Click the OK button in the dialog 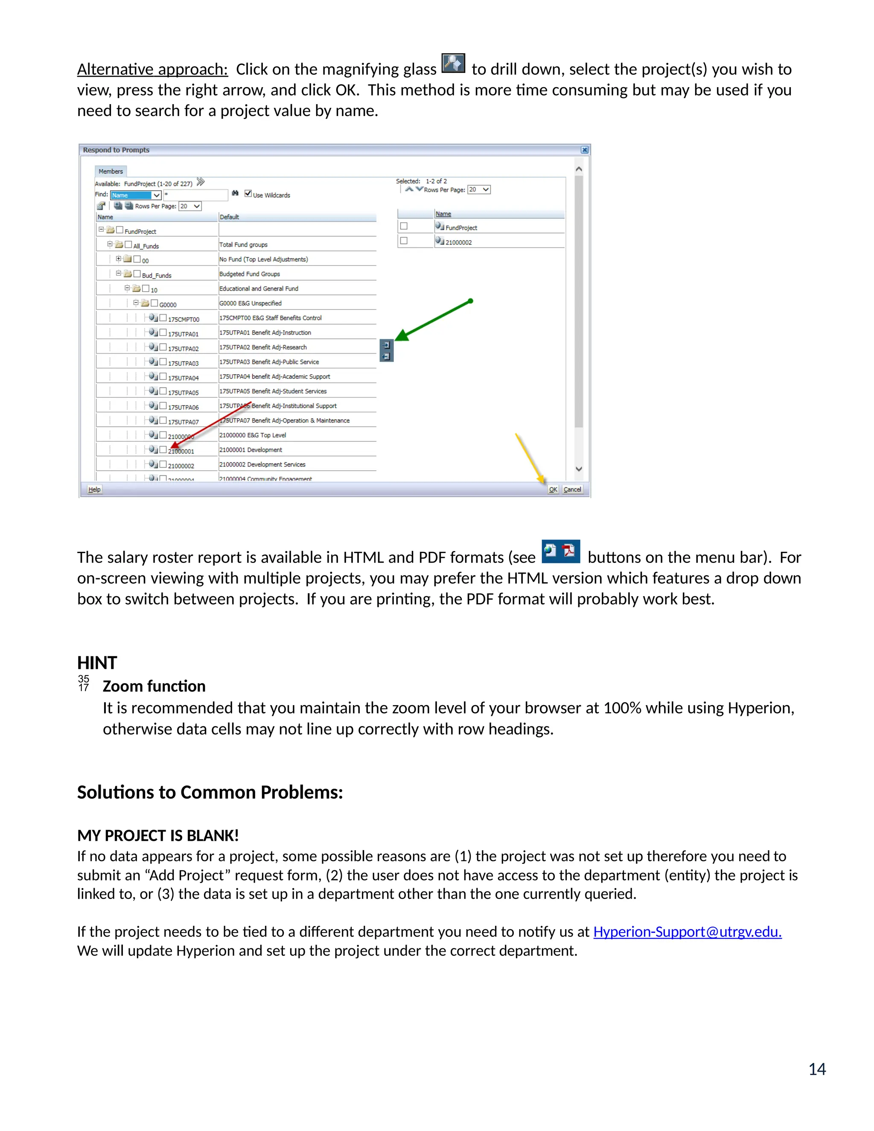553,490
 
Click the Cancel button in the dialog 572,490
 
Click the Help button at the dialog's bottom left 94,490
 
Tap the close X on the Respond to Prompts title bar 585,150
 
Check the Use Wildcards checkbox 248,194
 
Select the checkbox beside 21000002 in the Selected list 404,241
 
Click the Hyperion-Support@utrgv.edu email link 687,932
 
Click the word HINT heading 97,663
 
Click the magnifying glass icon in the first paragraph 453,63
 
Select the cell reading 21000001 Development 251,450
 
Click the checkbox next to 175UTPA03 163,362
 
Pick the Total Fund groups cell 243,245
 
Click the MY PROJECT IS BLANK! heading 158,835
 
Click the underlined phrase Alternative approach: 152,70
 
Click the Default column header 229,217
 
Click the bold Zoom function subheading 154,686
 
